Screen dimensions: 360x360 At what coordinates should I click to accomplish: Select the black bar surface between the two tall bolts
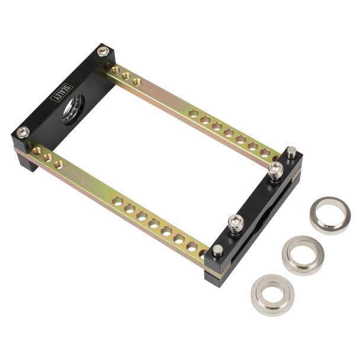coord(255,198)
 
